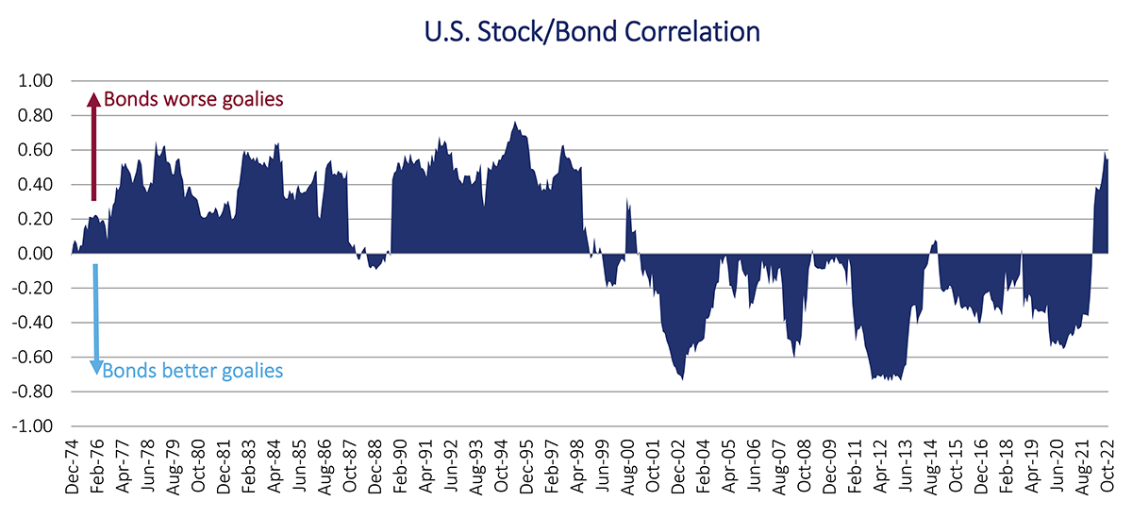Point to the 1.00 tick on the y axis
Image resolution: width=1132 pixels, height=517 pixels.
pyautogui.click(x=45, y=81)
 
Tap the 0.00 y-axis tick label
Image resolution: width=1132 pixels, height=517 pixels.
pyautogui.click(x=45, y=254)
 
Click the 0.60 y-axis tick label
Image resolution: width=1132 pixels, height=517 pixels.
pyautogui.click(x=45, y=150)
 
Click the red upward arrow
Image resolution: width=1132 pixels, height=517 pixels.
pyautogui.click(x=92, y=146)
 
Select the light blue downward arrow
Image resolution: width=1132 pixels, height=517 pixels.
pyautogui.click(x=95, y=321)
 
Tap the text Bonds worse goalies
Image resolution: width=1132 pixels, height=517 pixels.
pyautogui.click(x=193, y=99)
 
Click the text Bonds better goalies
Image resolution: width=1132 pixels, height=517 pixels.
pyautogui.click(x=192, y=371)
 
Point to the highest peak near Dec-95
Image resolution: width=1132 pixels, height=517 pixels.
pyautogui.click(x=515, y=123)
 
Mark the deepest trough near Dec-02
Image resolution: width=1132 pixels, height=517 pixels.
pyautogui.click(x=682, y=378)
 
